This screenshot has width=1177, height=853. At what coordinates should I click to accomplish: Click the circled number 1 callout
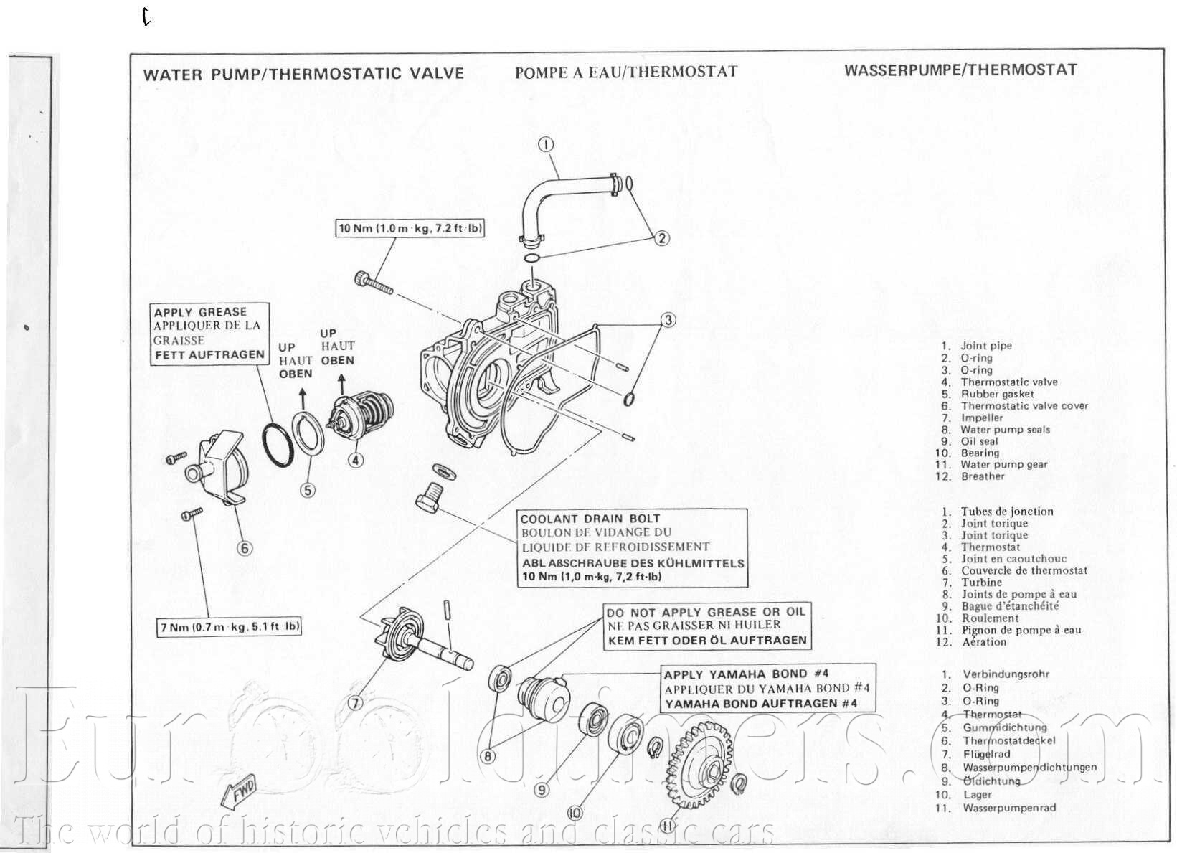tap(547, 145)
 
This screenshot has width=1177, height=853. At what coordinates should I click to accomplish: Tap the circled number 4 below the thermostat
tap(356, 460)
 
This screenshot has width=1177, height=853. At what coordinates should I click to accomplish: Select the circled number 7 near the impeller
tap(355, 703)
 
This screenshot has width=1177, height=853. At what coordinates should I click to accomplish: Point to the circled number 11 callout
tap(668, 826)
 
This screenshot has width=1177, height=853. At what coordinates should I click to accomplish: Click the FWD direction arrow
tap(239, 793)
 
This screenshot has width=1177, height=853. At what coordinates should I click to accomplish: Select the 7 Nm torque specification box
tap(230, 627)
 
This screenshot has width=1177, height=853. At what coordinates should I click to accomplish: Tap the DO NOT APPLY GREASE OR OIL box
tap(706, 626)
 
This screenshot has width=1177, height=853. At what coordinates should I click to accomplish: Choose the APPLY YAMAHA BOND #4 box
tap(767, 689)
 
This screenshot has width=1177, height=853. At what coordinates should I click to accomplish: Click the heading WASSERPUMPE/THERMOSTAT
tap(960, 70)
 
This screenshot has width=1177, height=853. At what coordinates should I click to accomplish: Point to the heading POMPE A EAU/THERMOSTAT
tap(626, 71)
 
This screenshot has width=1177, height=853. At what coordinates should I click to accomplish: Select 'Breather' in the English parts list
tap(983, 476)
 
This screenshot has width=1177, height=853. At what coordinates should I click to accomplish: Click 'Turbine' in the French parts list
tap(981, 583)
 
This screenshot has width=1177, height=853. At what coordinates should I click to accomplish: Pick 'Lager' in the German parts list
tap(977, 795)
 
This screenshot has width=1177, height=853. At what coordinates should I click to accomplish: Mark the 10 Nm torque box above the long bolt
tap(410, 229)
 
